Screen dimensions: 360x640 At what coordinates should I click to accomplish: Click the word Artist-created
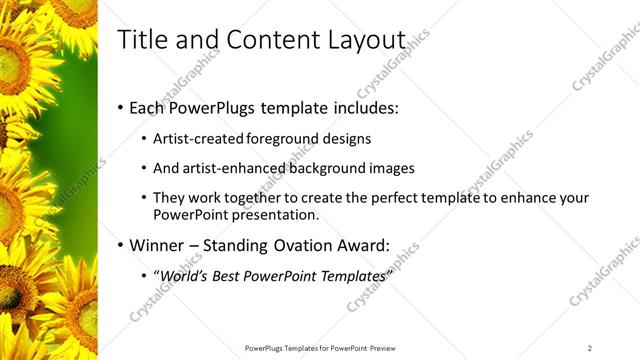(x=195, y=139)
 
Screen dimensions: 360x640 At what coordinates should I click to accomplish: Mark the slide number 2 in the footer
(x=590, y=347)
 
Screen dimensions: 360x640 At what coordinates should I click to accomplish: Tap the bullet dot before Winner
(x=121, y=246)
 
